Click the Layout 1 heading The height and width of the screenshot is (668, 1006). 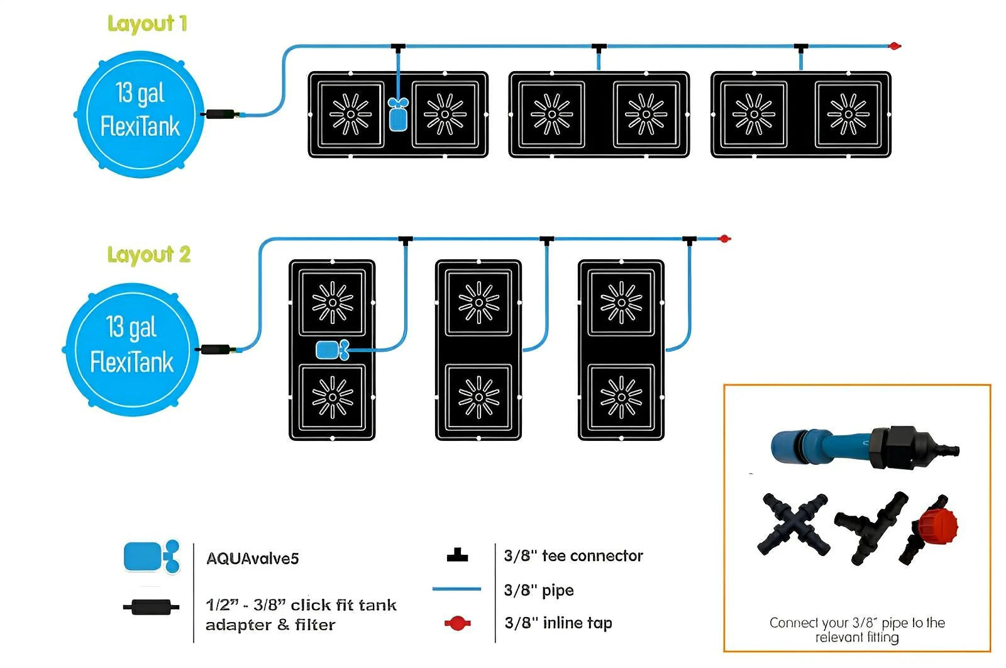tap(147, 24)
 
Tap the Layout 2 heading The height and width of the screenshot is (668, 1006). tap(148, 255)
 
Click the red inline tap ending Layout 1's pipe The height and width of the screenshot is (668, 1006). tap(893, 46)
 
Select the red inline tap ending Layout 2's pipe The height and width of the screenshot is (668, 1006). tap(724, 238)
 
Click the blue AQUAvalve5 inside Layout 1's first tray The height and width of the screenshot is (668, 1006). tap(398, 114)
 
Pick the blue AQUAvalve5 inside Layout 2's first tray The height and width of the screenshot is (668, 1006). tap(332, 350)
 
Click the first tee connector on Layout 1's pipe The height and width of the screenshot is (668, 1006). tap(397, 47)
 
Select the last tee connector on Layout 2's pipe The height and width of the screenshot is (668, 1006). tap(689, 240)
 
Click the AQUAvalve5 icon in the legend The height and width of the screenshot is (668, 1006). tap(152, 557)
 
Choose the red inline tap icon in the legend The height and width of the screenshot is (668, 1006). tap(457, 623)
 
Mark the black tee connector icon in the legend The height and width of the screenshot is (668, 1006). tap(457, 555)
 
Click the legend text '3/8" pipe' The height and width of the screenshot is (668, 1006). tap(539, 590)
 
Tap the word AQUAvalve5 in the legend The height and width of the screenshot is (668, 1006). tap(252, 559)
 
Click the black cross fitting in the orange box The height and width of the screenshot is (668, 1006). tap(795, 524)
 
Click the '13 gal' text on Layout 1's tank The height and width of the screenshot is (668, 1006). tap(140, 93)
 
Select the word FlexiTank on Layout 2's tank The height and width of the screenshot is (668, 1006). tap(131, 363)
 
